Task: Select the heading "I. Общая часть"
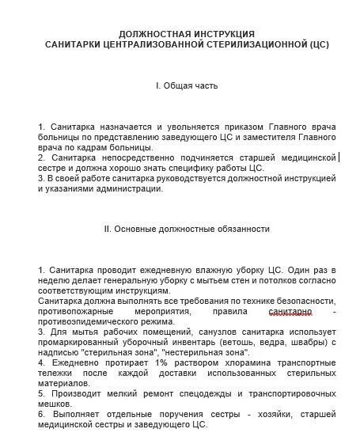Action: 186,85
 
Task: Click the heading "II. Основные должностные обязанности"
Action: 187,230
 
